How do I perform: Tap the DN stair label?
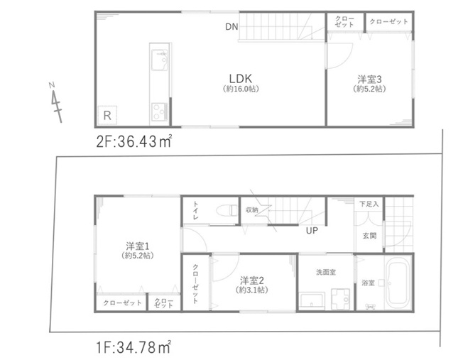231,27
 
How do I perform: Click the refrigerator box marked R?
107,115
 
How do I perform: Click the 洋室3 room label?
369,79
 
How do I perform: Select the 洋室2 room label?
251,279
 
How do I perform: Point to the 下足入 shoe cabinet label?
369,204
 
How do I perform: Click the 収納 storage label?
252,209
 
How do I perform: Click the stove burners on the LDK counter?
157,111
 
